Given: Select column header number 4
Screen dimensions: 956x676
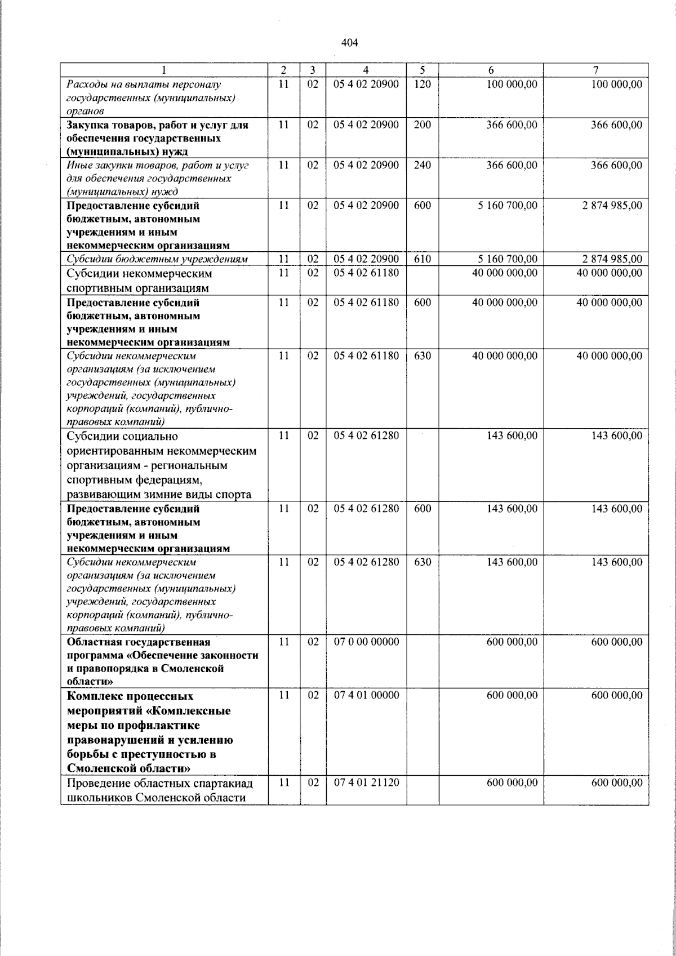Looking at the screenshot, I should (366, 70).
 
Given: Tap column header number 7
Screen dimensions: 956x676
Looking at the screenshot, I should (595, 70).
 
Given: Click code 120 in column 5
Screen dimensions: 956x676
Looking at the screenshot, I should (422, 85).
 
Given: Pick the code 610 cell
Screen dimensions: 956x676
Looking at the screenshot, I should (422, 259).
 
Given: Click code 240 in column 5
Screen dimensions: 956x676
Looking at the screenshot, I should (422, 165).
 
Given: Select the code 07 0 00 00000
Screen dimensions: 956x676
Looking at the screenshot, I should (366, 642).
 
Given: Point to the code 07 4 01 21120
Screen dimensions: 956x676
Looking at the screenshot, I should (366, 782).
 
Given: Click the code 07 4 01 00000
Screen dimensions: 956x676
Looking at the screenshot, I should (366, 695).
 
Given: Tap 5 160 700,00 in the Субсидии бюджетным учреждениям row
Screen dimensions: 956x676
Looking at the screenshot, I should (508, 259).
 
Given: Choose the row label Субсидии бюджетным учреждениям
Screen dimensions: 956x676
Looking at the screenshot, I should (157, 259).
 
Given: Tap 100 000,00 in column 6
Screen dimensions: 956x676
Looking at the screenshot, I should (512, 85).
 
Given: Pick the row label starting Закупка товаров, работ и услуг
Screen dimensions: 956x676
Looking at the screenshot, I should (157, 138).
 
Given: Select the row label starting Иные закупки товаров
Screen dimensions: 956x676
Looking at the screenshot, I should (157, 179).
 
